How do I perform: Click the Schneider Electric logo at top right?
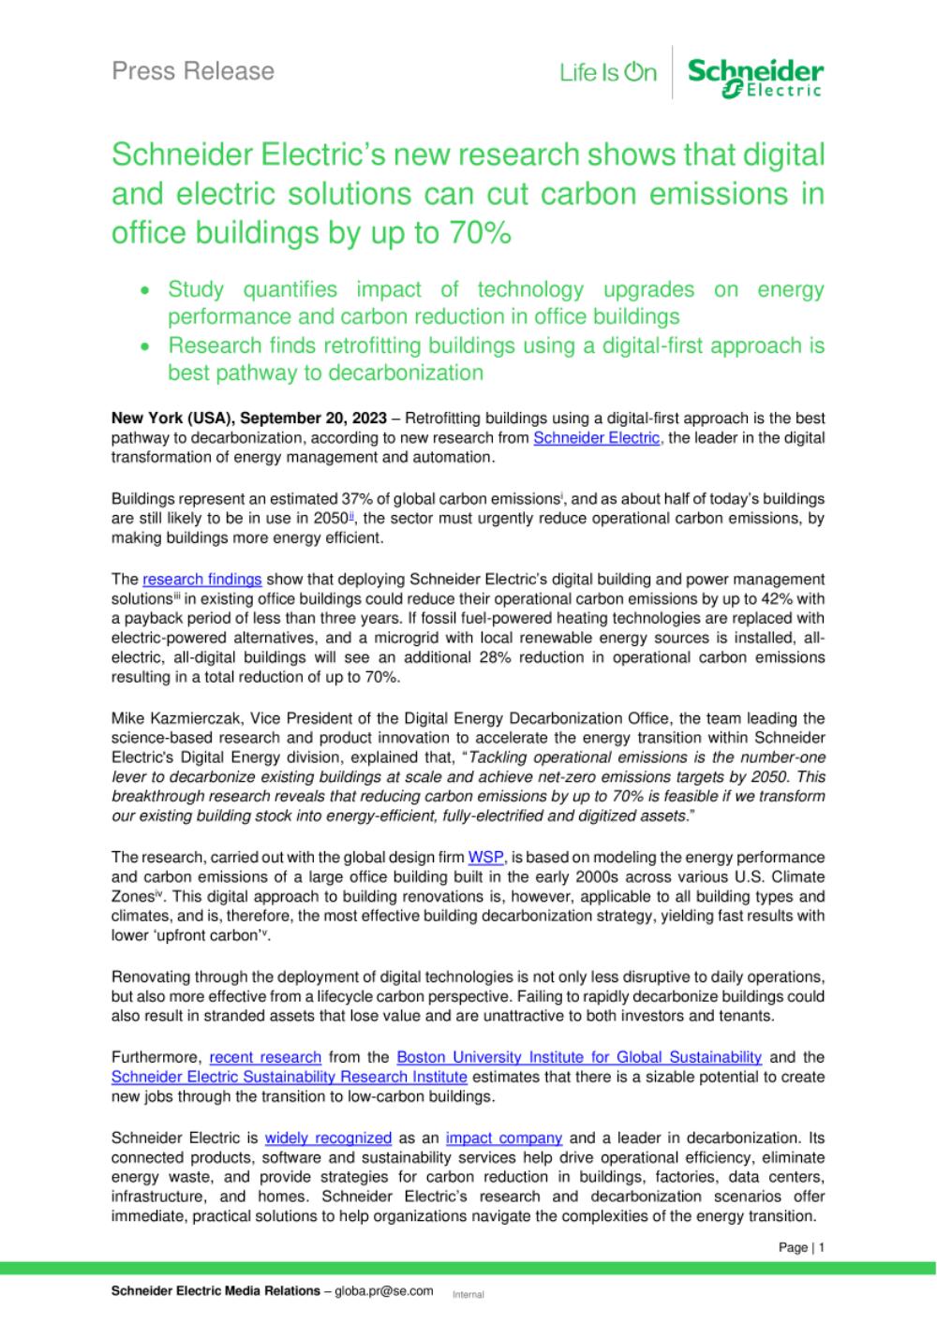(755, 77)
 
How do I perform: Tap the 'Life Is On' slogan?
(608, 73)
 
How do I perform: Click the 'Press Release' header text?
(193, 71)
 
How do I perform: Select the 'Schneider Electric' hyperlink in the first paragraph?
(596, 438)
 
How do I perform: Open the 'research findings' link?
(201, 580)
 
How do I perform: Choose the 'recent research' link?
(265, 1057)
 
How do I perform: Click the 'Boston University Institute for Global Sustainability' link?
(579, 1057)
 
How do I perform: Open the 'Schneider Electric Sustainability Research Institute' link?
(289, 1077)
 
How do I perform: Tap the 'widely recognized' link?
(328, 1138)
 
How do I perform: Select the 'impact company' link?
(504, 1138)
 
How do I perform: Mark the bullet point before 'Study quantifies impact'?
(144, 291)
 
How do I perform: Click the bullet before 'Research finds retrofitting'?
(144, 346)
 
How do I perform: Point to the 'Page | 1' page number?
(801, 1247)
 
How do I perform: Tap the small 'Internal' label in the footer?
(468, 1294)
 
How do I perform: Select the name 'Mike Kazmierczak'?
(171, 718)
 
